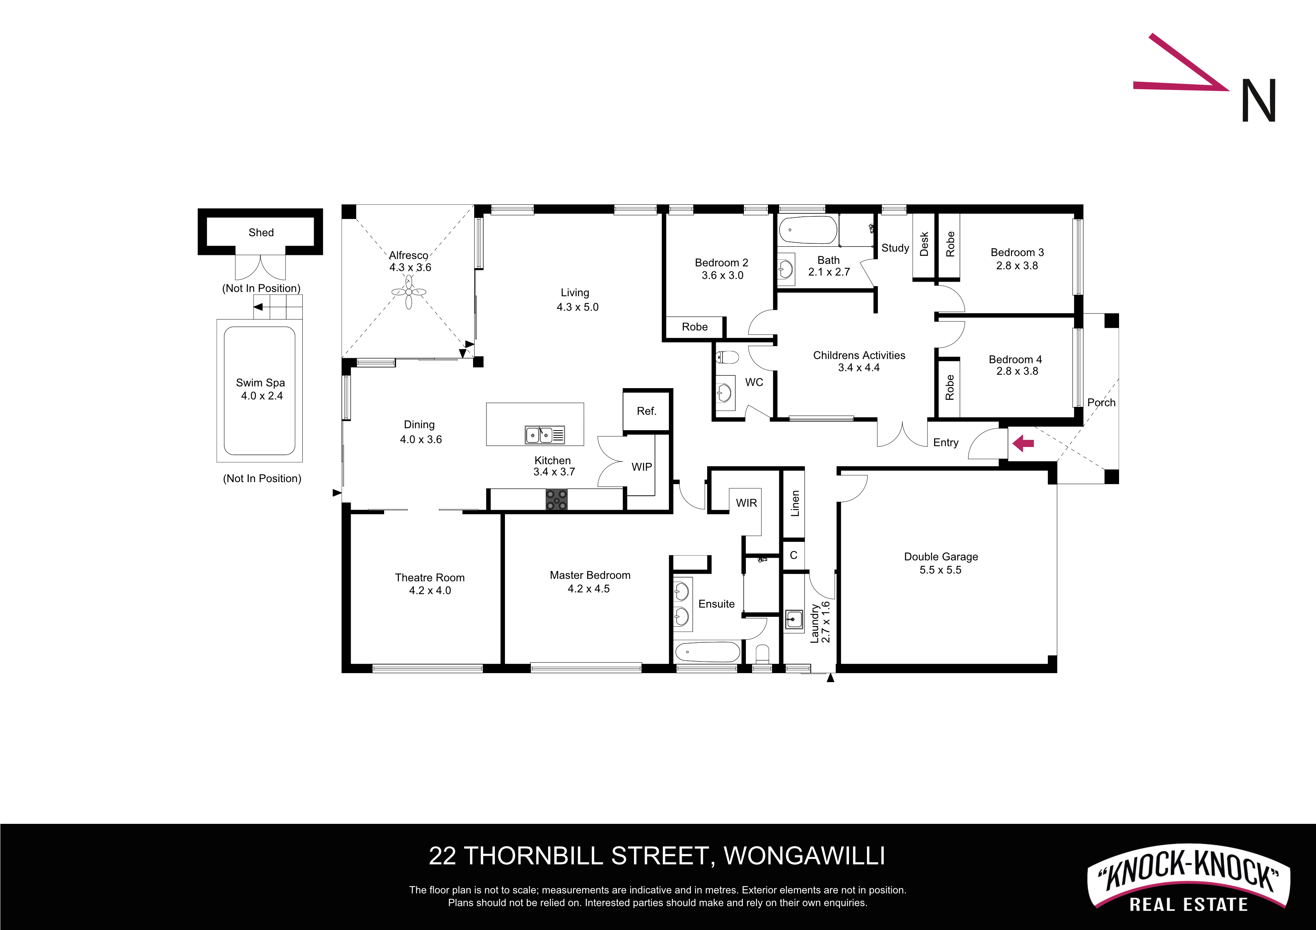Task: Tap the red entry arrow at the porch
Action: tap(1023, 443)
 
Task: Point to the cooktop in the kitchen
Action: tap(556, 499)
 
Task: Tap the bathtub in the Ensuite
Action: tap(708, 652)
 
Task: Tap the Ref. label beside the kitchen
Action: tap(646, 411)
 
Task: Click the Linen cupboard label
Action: tap(795, 504)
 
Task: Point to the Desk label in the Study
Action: tap(924, 244)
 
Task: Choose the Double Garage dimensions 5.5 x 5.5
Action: tap(940, 570)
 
